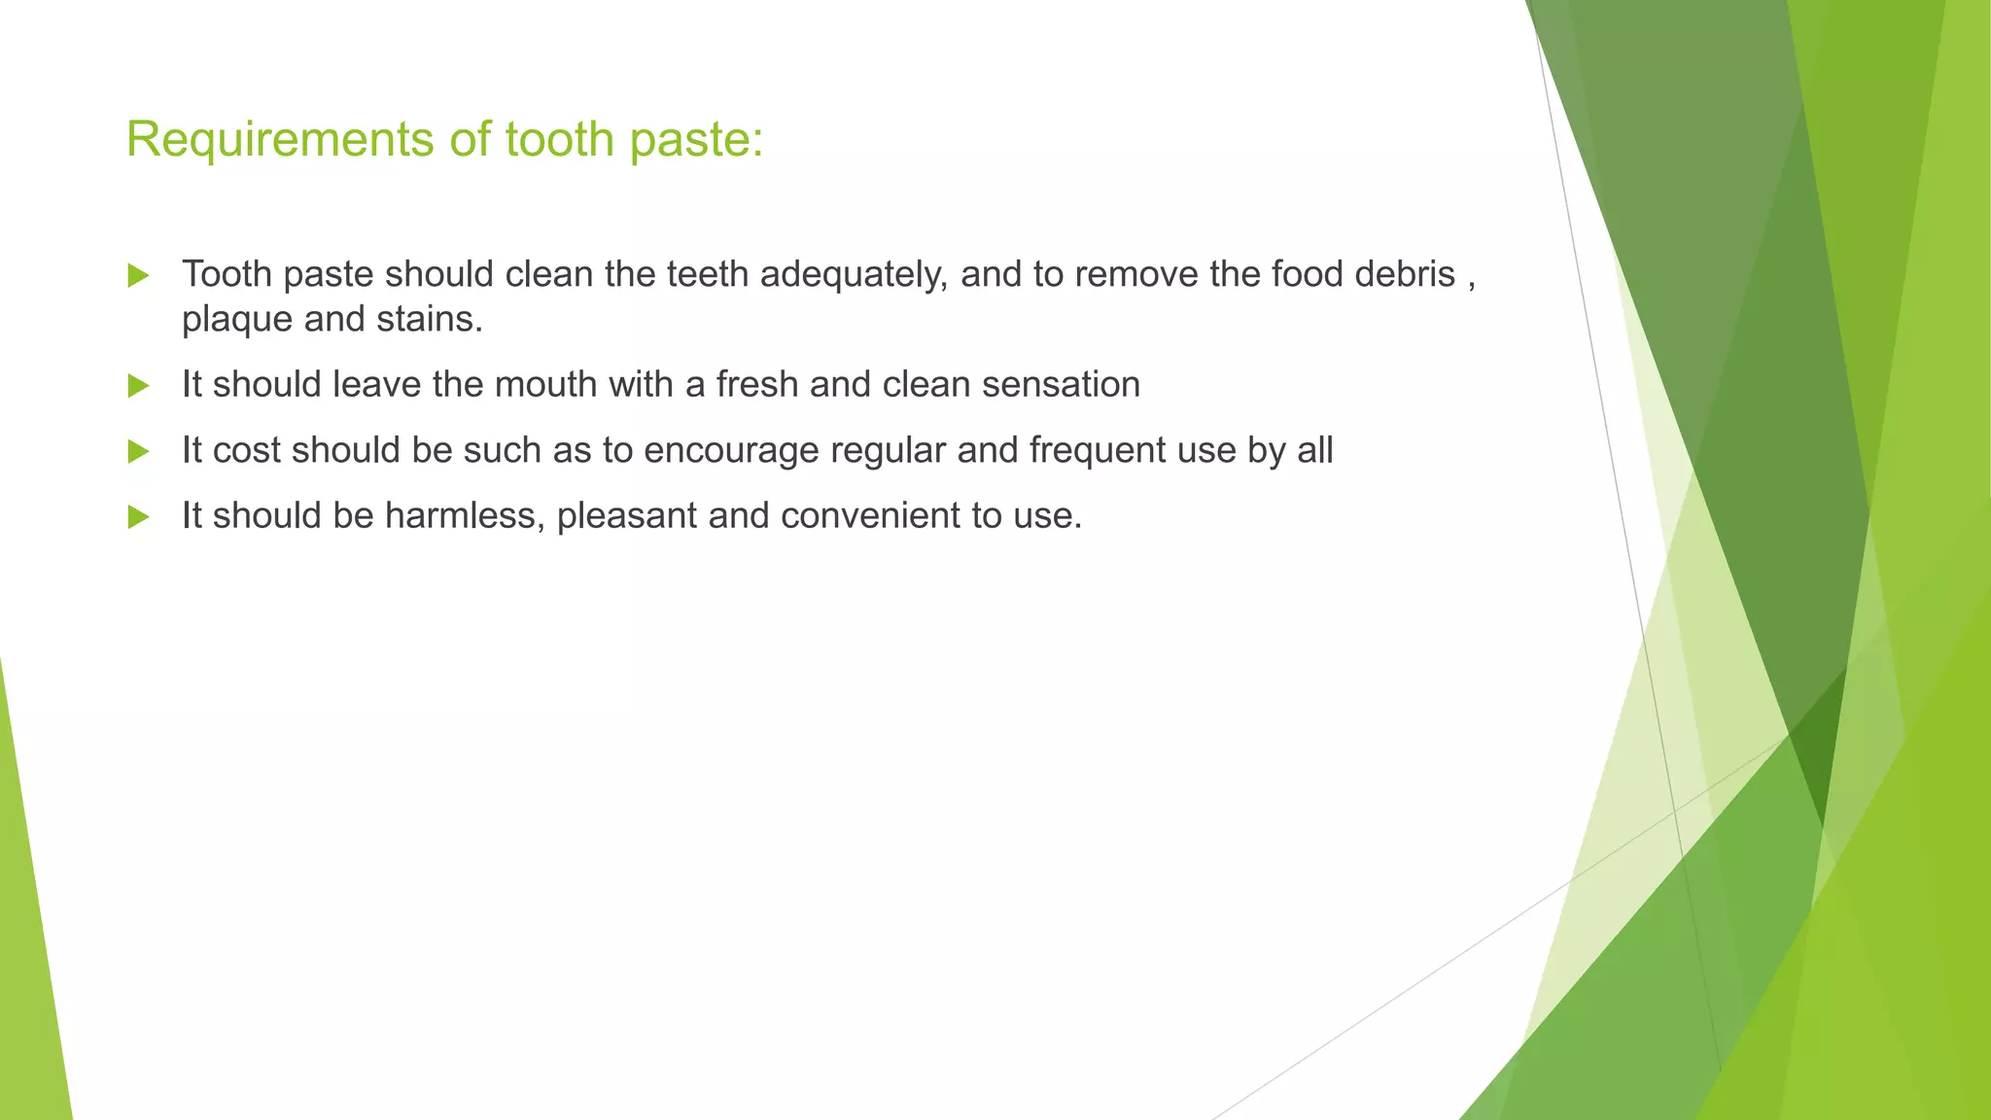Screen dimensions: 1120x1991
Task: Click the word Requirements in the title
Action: (x=280, y=140)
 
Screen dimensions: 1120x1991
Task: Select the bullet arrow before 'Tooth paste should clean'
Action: (x=138, y=276)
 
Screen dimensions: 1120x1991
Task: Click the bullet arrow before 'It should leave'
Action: (x=138, y=386)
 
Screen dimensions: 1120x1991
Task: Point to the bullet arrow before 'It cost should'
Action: (x=138, y=451)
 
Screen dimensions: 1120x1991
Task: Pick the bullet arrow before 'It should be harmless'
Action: (x=138, y=516)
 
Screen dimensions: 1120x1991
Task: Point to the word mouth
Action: (x=545, y=385)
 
